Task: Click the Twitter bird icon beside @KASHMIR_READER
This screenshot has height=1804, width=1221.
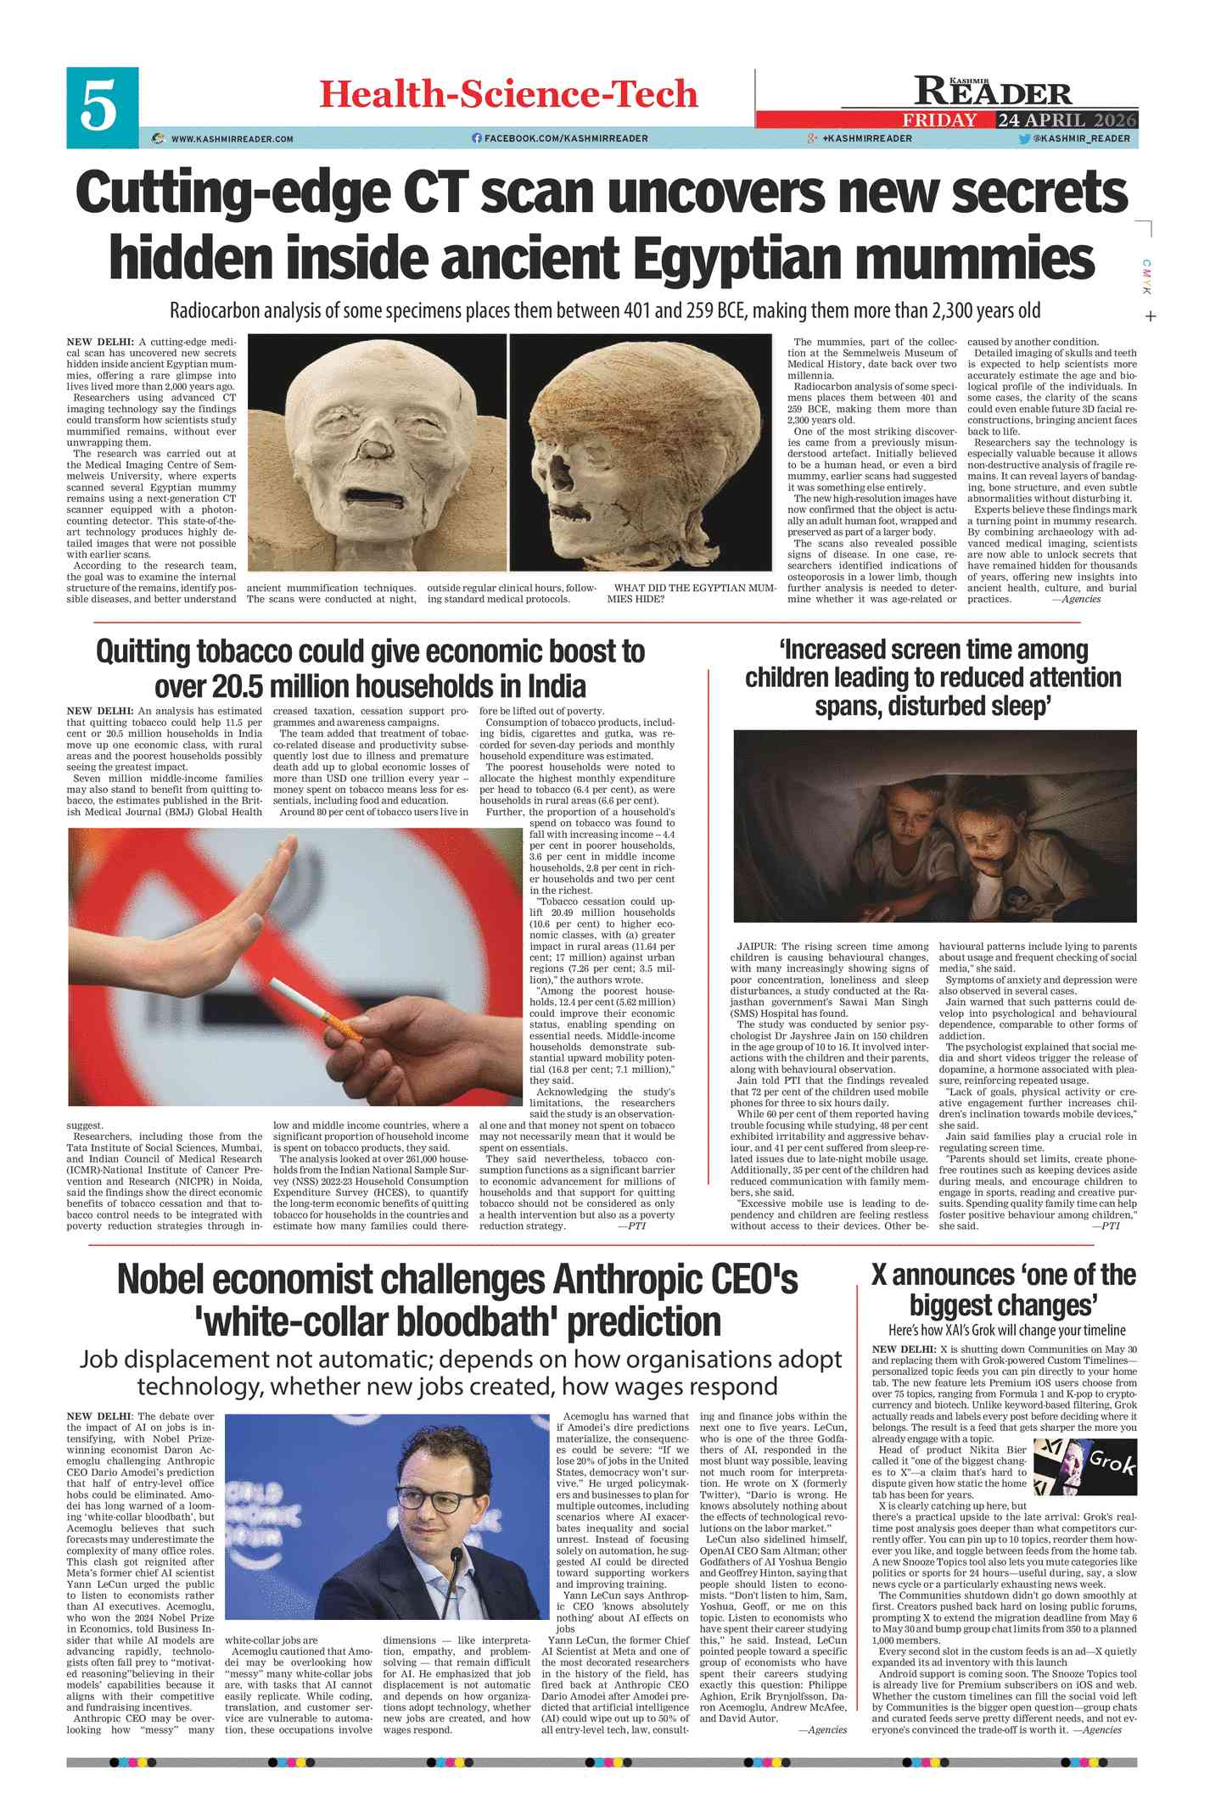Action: pos(1024,138)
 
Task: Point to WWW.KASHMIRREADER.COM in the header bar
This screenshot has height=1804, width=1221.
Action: pos(232,139)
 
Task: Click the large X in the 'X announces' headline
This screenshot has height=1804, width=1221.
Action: pos(879,1276)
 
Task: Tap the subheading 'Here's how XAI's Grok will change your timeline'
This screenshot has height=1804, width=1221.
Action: pos(1006,1330)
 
